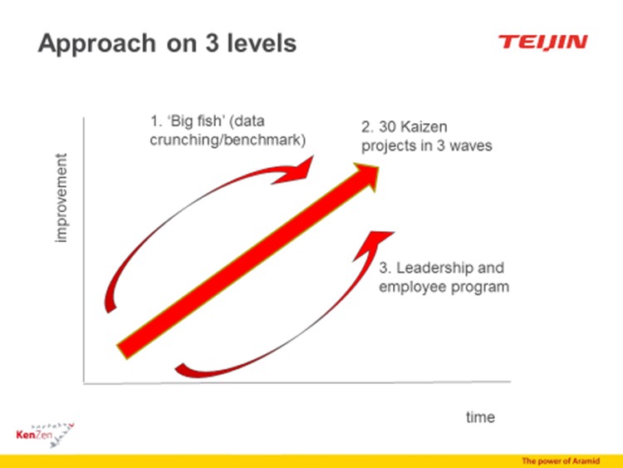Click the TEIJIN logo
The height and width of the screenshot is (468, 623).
click(542, 42)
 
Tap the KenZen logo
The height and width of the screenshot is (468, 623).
click(45, 435)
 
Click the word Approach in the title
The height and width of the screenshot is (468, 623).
click(97, 44)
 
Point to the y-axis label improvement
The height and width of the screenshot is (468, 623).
click(61, 198)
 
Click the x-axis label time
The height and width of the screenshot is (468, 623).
click(480, 417)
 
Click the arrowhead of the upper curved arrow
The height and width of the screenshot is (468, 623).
click(295, 170)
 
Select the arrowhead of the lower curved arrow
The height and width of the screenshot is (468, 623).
click(372, 244)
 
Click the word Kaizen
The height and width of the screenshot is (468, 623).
click(424, 127)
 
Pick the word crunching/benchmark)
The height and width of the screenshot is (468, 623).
click(228, 140)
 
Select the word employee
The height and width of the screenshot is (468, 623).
click(413, 288)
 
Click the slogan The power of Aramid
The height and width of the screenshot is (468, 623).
click(561, 461)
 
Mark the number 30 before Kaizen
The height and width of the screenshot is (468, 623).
click(387, 127)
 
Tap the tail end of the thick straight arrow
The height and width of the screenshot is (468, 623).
click(121, 352)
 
